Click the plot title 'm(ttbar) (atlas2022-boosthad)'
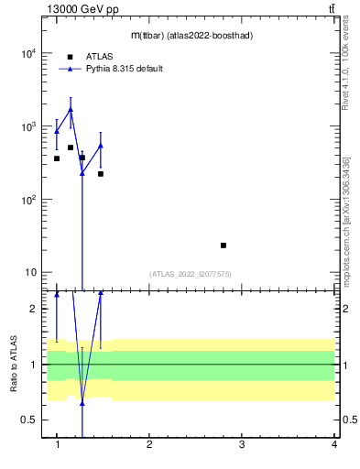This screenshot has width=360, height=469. pos(191,36)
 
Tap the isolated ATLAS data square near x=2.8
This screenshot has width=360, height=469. pos(224,245)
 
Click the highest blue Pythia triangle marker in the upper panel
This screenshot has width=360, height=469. pos(71,110)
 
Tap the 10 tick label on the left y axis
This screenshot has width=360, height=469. pos(29,273)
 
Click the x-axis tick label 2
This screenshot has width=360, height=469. pos(149,445)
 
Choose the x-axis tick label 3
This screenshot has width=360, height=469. pos(242,445)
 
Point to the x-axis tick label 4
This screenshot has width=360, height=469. pos(334,445)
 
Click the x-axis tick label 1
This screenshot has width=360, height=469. pos(57,445)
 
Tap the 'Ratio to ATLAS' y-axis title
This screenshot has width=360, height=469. pos(14,364)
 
